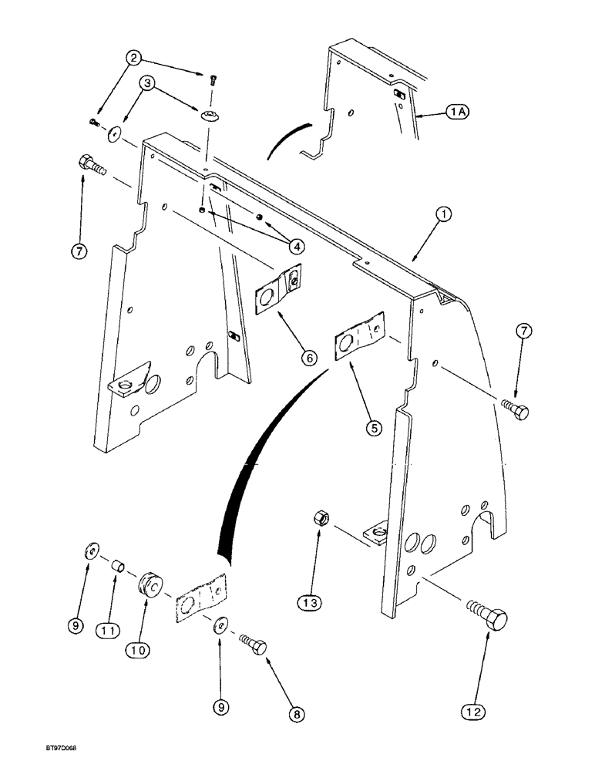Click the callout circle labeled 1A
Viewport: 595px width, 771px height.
(459, 112)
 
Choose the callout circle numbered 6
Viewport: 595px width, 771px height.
(308, 357)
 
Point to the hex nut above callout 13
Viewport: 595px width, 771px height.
(323, 521)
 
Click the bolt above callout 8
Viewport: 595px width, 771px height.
(254, 645)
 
